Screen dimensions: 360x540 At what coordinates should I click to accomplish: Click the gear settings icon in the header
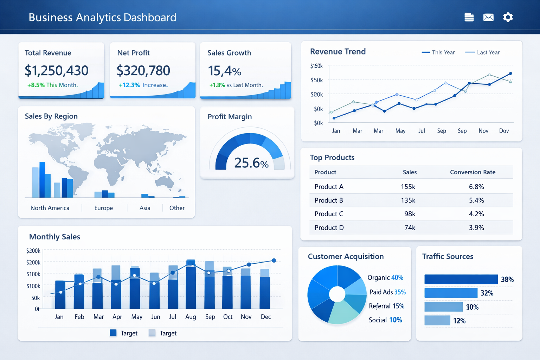pyautogui.click(x=508, y=17)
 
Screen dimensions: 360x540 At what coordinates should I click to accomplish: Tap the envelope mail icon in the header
pyautogui.click(x=488, y=17)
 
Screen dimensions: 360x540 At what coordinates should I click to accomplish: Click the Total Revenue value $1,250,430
pyautogui.click(x=57, y=71)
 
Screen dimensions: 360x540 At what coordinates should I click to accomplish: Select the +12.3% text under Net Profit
pyautogui.click(x=129, y=85)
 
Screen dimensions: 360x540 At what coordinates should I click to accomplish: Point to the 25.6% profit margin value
pyautogui.click(x=251, y=163)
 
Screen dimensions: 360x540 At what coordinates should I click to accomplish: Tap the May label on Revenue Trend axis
pyautogui.click(x=400, y=131)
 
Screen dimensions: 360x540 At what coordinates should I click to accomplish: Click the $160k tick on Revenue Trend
pyautogui.click(x=316, y=66)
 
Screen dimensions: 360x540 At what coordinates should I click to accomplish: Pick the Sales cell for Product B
pyautogui.click(x=408, y=200)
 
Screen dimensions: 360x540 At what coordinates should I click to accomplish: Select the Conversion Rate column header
pyautogui.click(x=472, y=172)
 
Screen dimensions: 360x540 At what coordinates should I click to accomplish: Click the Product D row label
pyautogui.click(x=329, y=228)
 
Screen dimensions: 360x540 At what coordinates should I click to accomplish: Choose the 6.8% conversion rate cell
pyautogui.click(x=476, y=187)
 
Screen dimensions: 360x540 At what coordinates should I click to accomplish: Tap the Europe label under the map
pyautogui.click(x=103, y=208)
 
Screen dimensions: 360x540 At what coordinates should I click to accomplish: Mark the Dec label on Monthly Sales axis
pyautogui.click(x=266, y=317)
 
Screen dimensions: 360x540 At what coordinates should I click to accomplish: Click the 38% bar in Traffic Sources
pyautogui.click(x=461, y=279)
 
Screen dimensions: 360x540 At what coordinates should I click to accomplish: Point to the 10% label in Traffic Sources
pyautogui.click(x=472, y=307)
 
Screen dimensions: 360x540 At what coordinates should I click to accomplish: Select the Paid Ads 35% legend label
pyautogui.click(x=387, y=292)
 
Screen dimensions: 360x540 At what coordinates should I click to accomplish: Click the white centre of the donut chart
pyautogui.click(x=337, y=294)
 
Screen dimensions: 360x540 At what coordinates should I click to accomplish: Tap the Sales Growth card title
pyautogui.click(x=229, y=53)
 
